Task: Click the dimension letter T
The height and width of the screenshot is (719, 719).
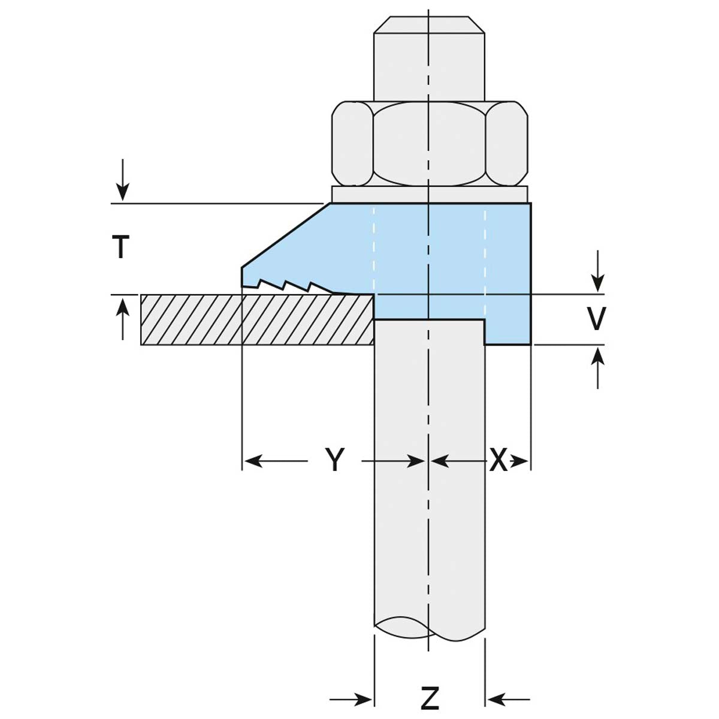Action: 121,246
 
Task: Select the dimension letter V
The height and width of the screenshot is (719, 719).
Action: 596,319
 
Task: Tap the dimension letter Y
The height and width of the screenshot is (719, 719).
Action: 336,460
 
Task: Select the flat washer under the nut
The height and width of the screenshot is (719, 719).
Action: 430,194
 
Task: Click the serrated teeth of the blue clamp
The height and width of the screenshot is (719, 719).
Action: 288,285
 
